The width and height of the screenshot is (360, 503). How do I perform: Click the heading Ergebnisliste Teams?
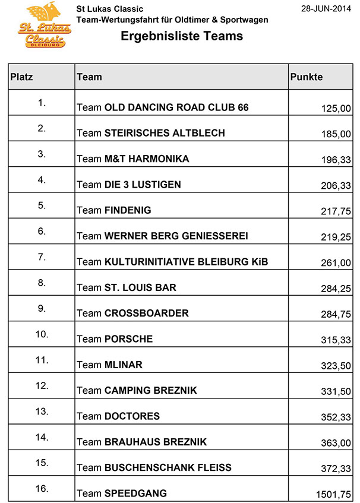[x=182, y=36]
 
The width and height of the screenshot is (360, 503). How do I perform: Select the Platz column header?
[x=22, y=77]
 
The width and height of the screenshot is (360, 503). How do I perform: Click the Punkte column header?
[x=307, y=77]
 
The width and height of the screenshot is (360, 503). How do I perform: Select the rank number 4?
[x=42, y=179]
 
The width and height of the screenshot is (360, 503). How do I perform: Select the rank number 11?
[x=42, y=359]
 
